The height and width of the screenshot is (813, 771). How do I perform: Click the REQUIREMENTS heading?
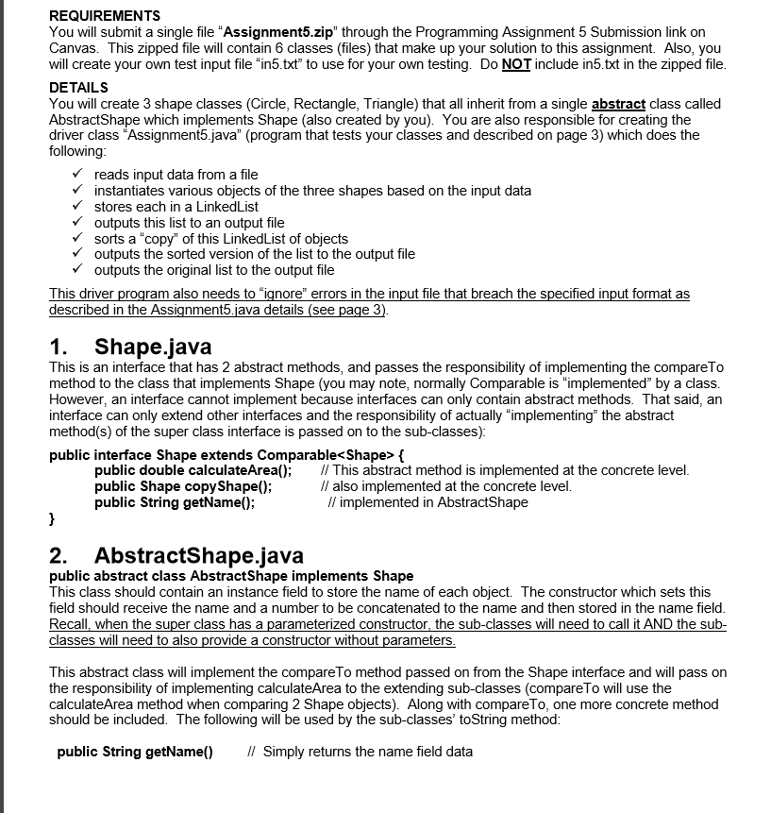click(x=104, y=16)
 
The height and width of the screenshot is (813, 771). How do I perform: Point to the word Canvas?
click(x=71, y=47)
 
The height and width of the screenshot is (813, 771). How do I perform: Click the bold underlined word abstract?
click(x=618, y=103)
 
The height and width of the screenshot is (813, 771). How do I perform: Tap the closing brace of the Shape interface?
click(x=52, y=518)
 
